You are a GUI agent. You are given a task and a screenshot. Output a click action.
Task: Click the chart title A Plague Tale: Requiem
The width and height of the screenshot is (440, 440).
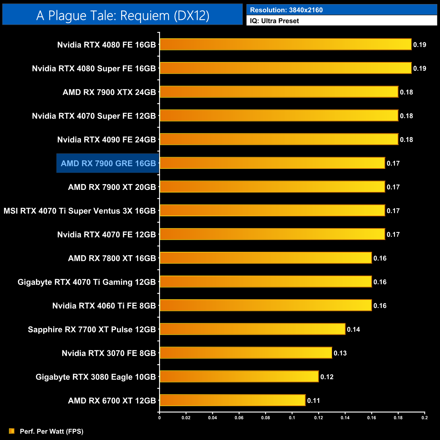pos(123,16)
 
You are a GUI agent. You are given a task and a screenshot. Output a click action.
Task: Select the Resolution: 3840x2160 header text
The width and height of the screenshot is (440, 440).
pos(286,10)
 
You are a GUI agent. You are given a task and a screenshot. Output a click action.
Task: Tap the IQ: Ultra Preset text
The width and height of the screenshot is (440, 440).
pos(274,21)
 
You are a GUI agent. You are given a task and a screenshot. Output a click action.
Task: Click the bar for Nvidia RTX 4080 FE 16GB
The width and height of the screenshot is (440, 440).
pos(285,44)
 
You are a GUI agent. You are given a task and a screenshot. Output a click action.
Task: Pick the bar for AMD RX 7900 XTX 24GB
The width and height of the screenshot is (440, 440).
pos(279,92)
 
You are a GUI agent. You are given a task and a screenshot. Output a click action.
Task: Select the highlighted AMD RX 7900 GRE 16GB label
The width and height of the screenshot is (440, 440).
pos(108,163)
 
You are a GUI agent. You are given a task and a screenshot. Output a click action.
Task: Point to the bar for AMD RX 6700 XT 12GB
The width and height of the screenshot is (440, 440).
pos(232,400)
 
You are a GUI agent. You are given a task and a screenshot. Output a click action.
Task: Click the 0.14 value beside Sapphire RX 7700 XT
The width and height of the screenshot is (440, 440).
pos(353,329)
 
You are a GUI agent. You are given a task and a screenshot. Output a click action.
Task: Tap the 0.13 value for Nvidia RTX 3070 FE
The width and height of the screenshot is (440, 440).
pos(340,353)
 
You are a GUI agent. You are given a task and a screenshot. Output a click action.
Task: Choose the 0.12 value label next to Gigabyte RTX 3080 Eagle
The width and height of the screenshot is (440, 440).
pos(327,377)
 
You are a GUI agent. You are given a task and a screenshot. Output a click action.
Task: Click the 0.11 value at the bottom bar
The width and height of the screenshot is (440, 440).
pos(313,400)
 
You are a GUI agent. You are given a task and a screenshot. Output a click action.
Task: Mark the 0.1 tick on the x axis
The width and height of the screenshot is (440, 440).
pos(292,418)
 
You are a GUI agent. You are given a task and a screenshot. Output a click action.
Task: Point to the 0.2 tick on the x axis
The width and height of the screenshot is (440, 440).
pos(424,418)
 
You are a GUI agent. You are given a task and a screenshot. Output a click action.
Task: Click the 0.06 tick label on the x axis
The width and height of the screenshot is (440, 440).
pos(239,418)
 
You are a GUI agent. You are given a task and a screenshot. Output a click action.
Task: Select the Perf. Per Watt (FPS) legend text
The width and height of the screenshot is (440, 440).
pos(51,431)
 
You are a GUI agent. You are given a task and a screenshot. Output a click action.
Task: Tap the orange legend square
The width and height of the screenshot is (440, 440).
pos(12,431)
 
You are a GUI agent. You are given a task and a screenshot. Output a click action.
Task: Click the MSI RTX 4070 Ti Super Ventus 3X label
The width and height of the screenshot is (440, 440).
pos(80,211)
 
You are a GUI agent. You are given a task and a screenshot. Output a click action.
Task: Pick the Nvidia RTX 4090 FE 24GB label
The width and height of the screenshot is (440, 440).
pos(106,140)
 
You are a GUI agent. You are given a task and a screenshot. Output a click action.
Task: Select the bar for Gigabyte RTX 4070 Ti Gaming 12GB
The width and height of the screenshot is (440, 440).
pos(265,282)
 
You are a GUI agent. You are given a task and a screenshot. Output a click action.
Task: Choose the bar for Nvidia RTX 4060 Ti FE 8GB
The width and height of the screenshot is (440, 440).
pos(265,305)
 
